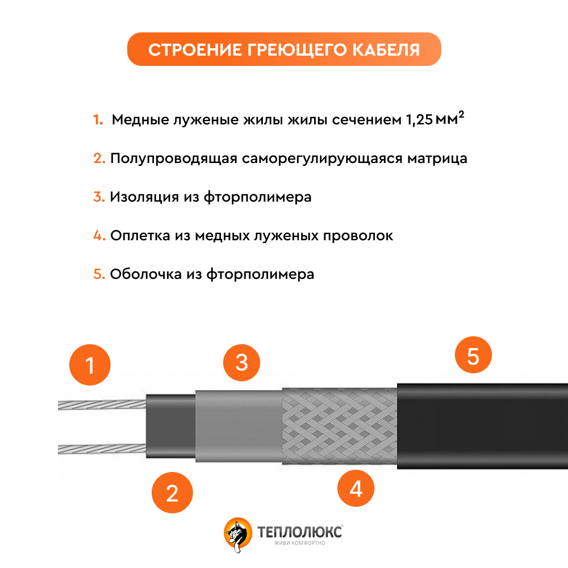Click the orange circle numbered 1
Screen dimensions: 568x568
(90, 365)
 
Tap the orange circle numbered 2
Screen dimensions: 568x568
(172, 492)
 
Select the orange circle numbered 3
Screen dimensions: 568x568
(241, 362)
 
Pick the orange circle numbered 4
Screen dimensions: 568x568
(356, 488)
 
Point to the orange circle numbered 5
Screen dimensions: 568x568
(473, 355)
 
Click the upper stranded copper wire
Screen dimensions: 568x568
(102, 404)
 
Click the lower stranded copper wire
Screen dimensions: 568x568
(102, 449)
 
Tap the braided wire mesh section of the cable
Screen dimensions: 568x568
(340, 427)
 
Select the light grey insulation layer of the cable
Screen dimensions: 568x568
(239, 427)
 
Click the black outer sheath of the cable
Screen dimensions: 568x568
(482, 427)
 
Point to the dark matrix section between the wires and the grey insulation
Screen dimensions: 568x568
(171, 427)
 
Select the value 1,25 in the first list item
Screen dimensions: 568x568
(419, 119)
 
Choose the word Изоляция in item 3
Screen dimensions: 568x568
(144, 197)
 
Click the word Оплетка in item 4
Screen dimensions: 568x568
(140, 236)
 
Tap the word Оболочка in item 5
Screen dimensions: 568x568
(146, 274)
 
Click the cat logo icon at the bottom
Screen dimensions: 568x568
(237, 534)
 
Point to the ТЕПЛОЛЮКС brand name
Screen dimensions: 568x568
(299, 532)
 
